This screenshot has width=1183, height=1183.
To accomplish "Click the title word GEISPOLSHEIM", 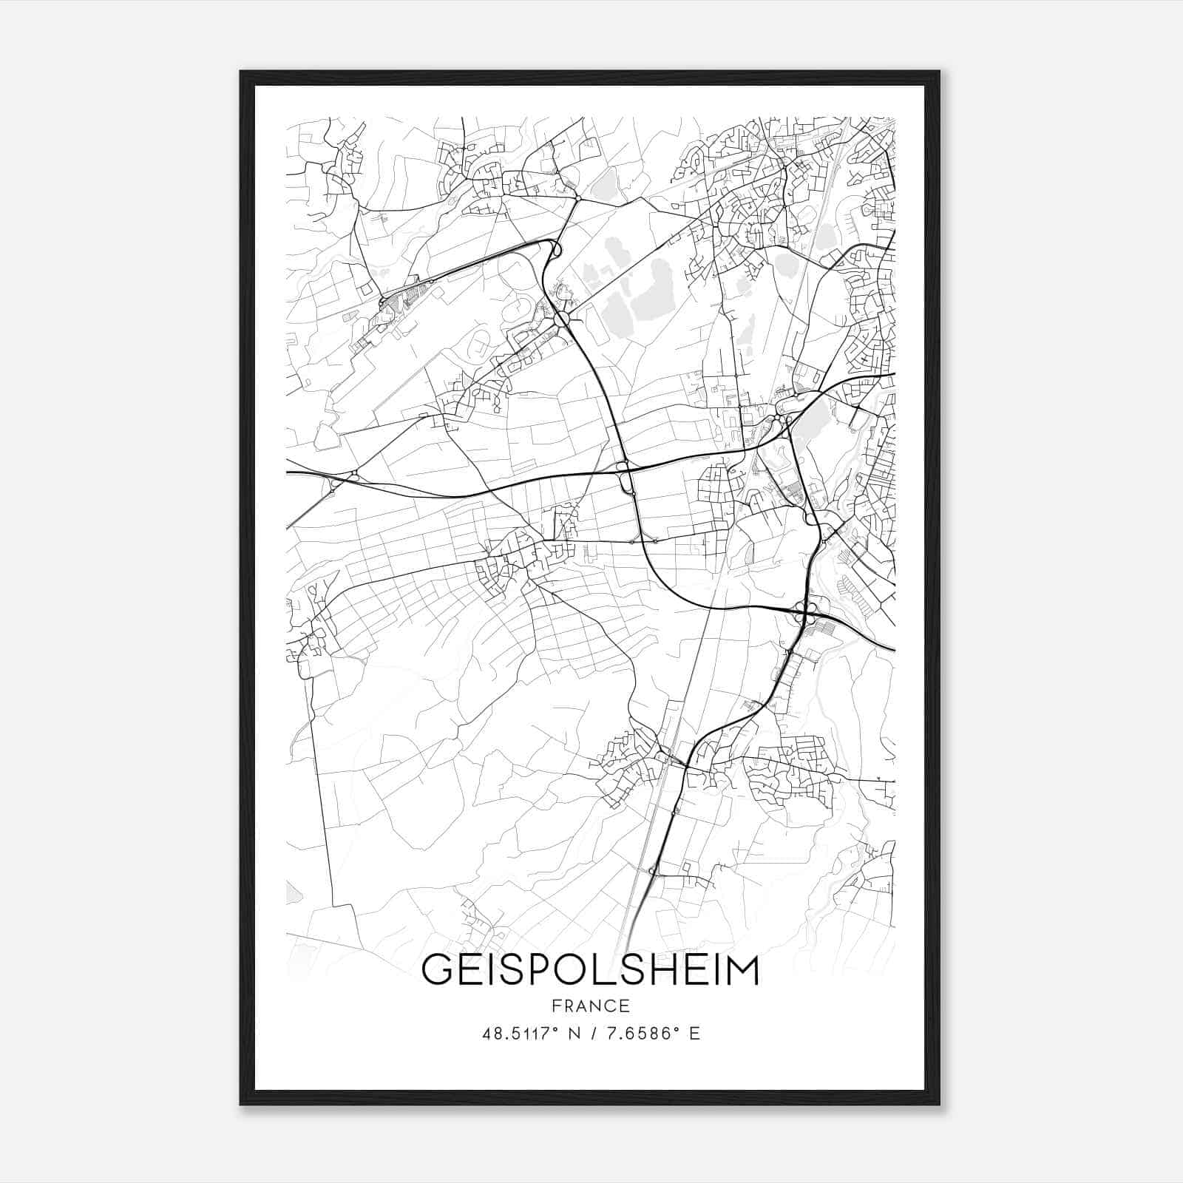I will coord(590,971).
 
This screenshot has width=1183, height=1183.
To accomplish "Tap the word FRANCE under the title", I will coord(590,1006).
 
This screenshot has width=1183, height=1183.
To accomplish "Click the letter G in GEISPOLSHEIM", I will coord(436,971).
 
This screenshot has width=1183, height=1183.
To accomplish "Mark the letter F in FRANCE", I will coord(555,1006).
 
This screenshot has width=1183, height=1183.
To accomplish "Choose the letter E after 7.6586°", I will coord(694,1034).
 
